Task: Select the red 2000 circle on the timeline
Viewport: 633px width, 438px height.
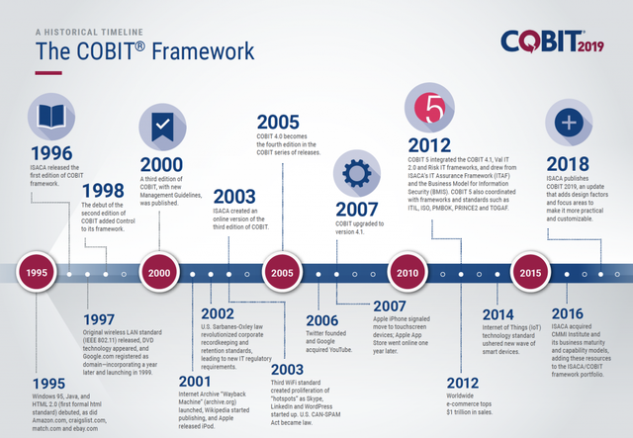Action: pyautogui.click(x=158, y=271)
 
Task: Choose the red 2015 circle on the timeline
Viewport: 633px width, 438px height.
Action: pyautogui.click(x=529, y=271)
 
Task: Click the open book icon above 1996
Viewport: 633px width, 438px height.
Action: pyautogui.click(x=50, y=117)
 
